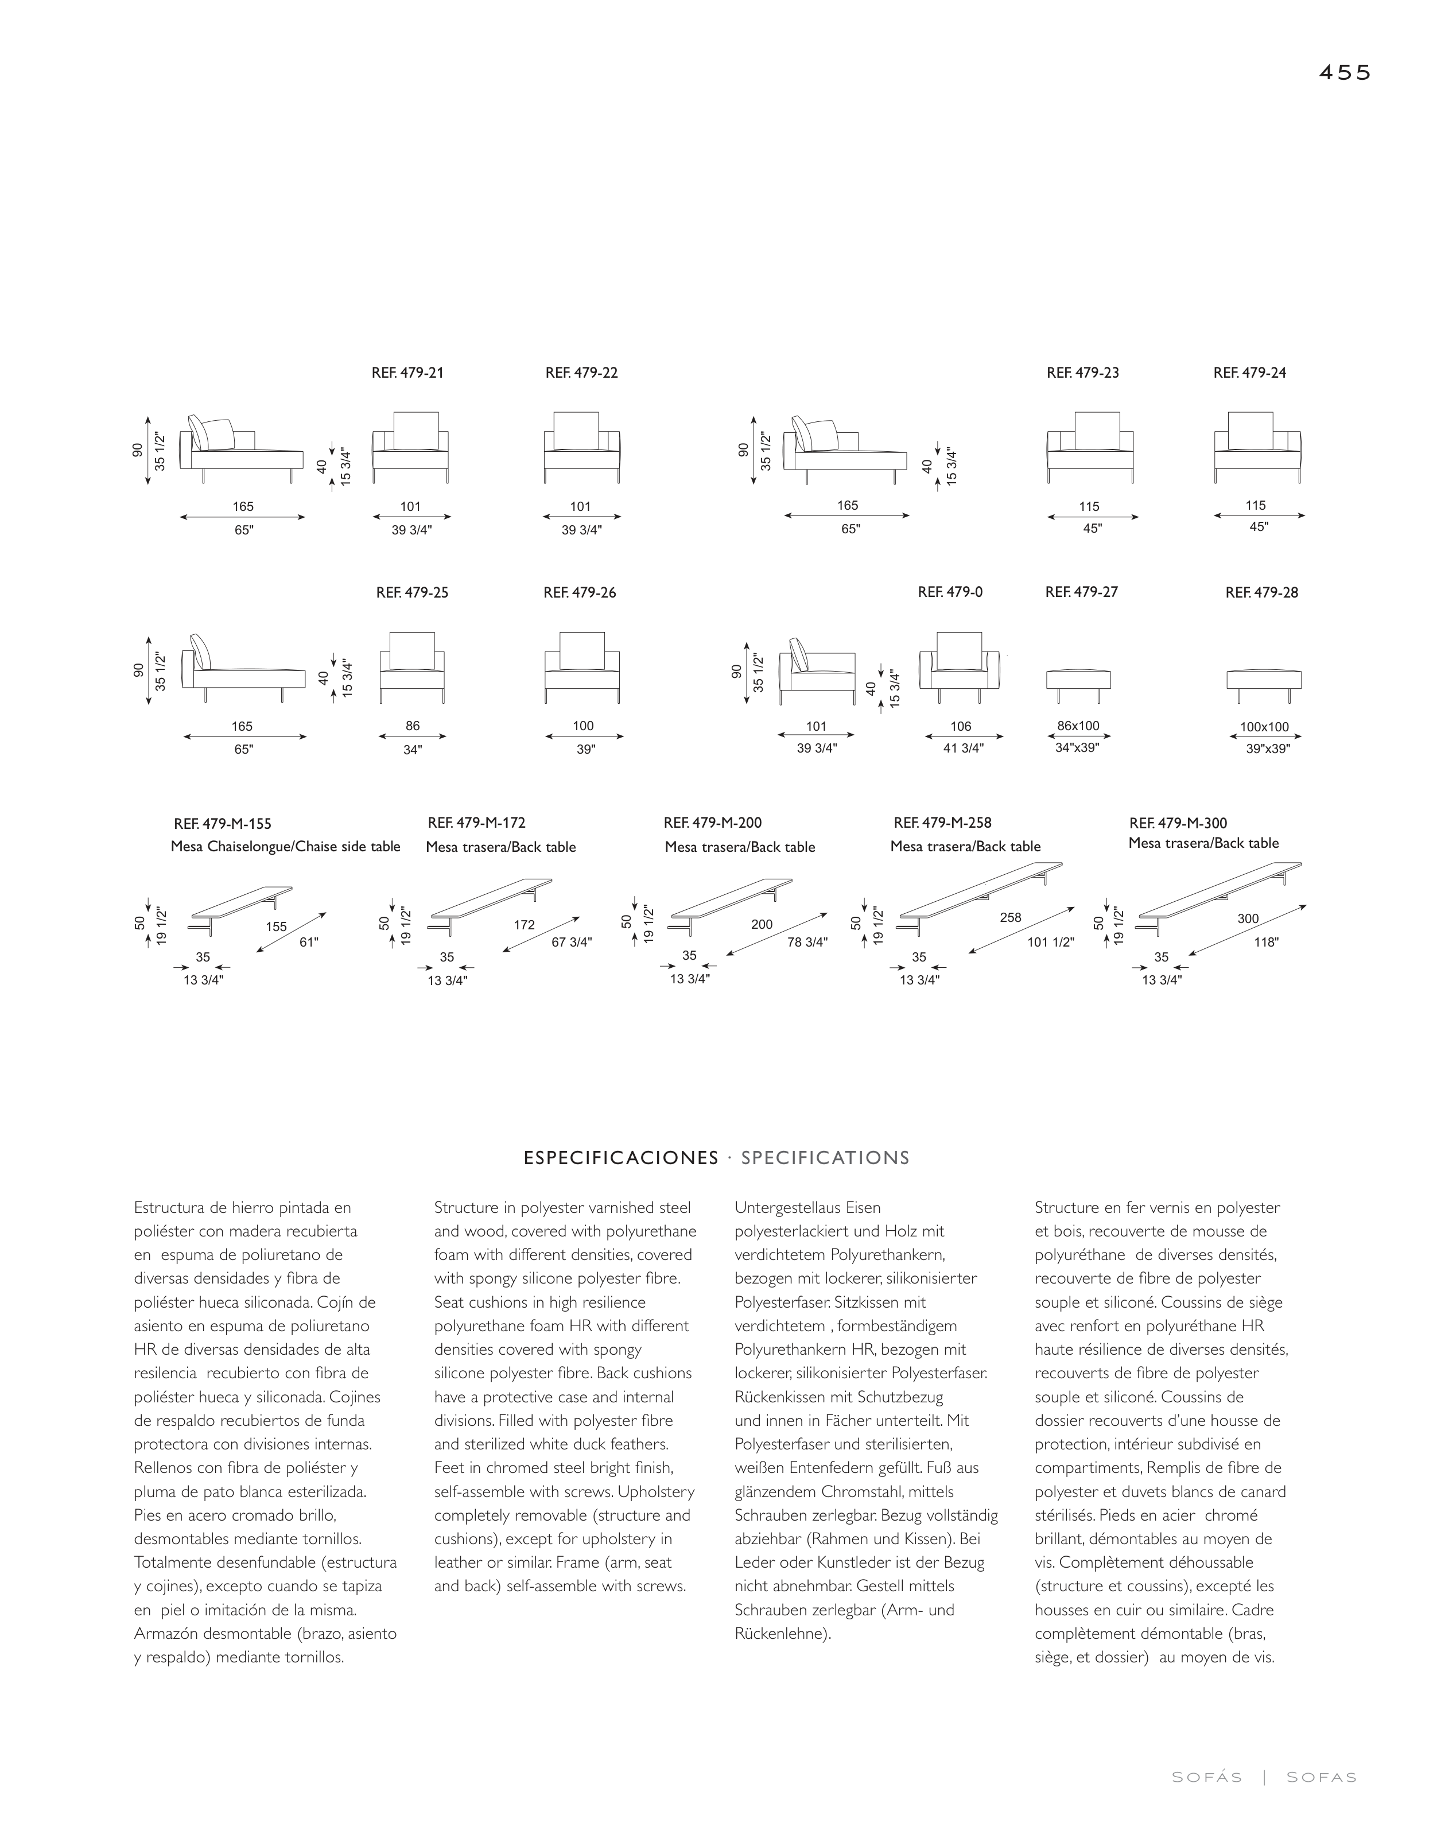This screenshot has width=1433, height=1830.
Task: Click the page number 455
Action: point(1344,73)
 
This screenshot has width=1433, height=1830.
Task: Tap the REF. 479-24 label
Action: point(1249,373)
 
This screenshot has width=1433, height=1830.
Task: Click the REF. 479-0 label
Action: point(950,592)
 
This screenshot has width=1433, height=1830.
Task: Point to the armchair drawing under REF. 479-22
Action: point(581,447)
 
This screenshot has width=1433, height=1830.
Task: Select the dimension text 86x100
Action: point(1078,726)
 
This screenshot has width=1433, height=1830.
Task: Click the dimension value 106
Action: point(961,727)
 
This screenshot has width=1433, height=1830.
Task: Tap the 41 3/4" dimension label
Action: point(963,749)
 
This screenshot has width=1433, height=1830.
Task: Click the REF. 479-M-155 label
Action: point(222,824)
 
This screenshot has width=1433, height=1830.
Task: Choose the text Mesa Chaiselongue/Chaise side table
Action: point(285,847)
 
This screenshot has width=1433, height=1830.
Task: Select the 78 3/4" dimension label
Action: point(807,943)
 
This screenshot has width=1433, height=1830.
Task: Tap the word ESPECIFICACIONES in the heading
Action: point(621,1158)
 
